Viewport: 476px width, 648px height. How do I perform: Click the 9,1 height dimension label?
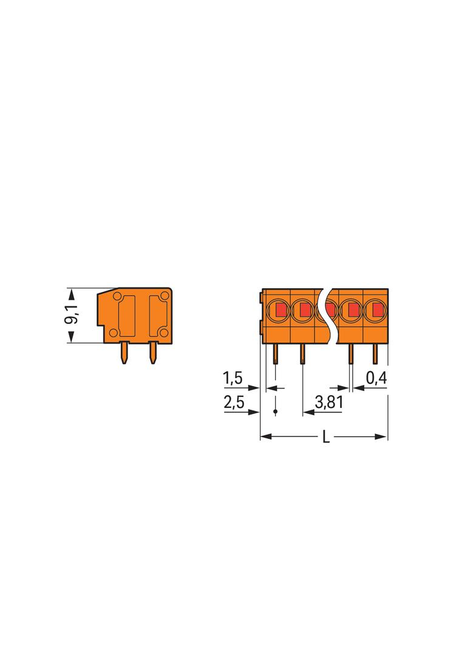(72, 314)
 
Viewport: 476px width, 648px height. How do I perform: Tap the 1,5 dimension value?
(233, 378)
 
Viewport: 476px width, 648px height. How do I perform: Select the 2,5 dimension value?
(234, 402)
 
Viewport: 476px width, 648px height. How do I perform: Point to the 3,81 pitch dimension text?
(328, 401)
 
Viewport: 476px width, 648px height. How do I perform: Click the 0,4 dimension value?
(376, 378)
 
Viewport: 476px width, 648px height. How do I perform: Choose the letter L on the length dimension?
(325, 437)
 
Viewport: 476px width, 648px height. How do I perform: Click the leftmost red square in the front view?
(281, 309)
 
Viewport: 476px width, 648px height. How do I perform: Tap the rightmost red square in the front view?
(377, 309)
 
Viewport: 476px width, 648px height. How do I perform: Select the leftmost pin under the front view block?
(276, 354)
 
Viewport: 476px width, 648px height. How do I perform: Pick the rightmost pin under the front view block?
(375, 354)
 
